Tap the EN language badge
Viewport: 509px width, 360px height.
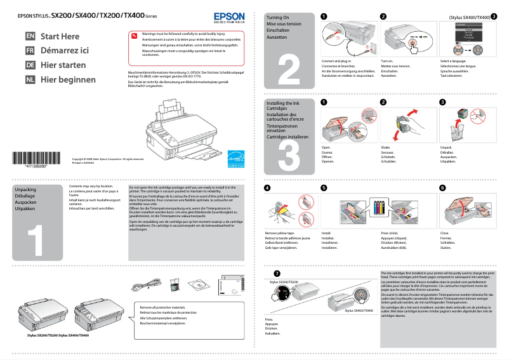30,36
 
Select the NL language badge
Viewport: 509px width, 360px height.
30,80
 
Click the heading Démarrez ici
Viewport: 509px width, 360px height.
65,51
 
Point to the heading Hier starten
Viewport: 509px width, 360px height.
63,65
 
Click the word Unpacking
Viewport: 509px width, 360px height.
25,190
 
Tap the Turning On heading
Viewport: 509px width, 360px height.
278,17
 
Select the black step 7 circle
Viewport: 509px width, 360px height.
267,273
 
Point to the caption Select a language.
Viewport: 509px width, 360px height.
454,62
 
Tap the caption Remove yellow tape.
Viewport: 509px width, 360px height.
279,234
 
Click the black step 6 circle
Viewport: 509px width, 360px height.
442,188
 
